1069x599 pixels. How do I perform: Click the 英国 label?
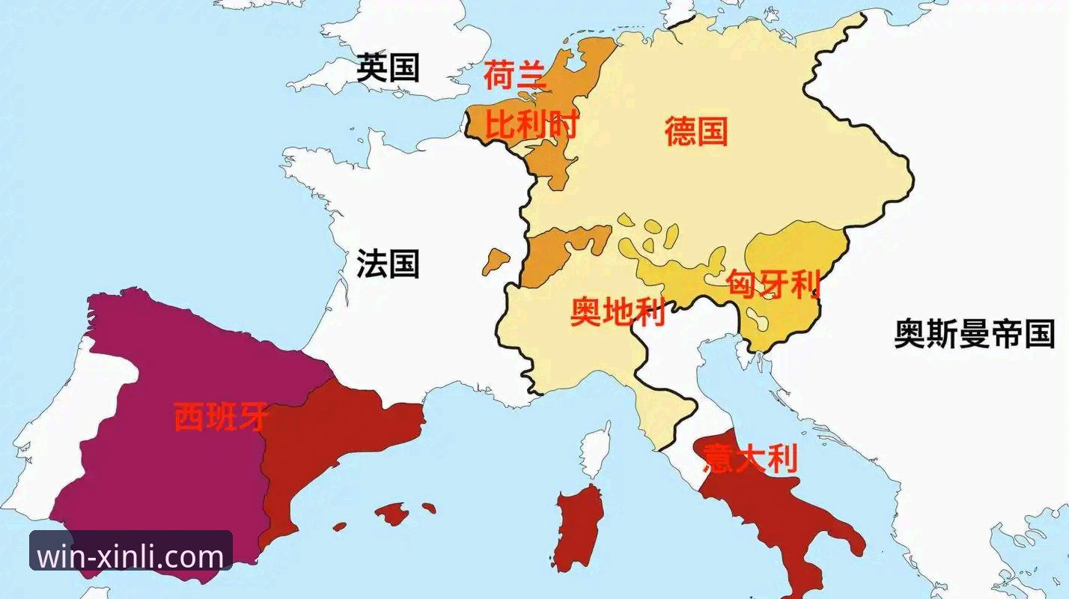(x=388, y=67)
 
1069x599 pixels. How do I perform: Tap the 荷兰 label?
(x=515, y=76)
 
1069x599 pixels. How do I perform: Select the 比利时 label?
(x=532, y=124)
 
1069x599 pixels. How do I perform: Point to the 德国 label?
(x=696, y=131)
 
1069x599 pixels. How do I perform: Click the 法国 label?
(x=388, y=264)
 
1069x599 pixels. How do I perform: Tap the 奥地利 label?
(x=618, y=312)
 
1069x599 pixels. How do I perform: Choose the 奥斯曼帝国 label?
(x=975, y=333)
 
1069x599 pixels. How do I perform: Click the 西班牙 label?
(x=221, y=417)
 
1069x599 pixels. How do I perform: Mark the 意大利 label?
(x=750, y=458)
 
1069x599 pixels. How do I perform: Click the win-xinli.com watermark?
(x=131, y=556)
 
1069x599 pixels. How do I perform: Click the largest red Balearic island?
(x=391, y=513)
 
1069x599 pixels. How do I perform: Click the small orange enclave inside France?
(x=495, y=261)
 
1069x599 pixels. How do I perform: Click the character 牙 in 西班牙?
(x=252, y=417)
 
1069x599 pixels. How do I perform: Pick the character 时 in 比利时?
(x=563, y=124)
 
